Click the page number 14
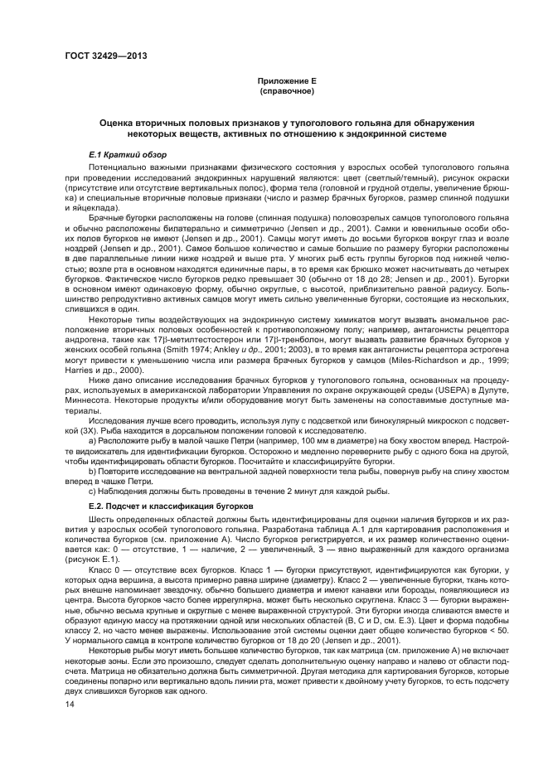[x=70, y=704]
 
